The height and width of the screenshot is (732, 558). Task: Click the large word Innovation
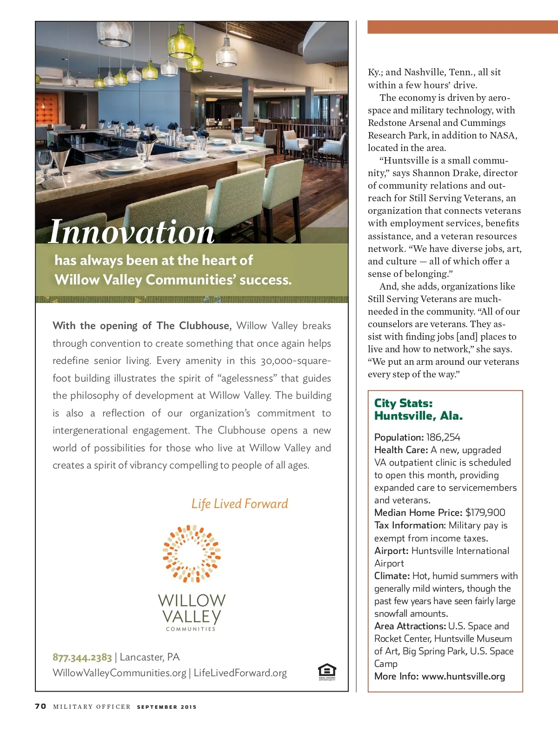click(x=131, y=231)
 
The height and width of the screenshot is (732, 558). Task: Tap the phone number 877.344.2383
click(x=82, y=657)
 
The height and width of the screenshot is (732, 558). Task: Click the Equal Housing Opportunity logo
click(x=327, y=672)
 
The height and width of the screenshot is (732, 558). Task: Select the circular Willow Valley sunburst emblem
click(x=192, y=554)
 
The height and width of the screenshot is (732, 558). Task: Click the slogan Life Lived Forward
click(x=239, y=504)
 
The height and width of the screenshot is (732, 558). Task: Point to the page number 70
click(x=41, y=706)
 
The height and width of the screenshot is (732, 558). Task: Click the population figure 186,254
click(x=443, y=437)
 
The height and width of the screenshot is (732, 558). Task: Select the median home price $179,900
click(x=485, y=513)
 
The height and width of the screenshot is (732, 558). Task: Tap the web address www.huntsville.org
click(x=463, y=676)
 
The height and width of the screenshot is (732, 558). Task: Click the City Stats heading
click(x=404, y=403)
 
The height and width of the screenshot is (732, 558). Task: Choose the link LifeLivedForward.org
click(x=240, y=673)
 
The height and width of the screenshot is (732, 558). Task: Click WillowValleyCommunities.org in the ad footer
click(x=120, y=673)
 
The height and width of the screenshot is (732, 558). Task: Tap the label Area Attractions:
click(x=410, y=626)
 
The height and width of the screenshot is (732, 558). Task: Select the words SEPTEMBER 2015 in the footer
click(x=166, y=707)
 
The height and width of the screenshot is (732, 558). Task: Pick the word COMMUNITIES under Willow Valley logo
click(x=191, y=629)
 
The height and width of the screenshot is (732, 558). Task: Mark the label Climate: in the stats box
click(x=392, y=576)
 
